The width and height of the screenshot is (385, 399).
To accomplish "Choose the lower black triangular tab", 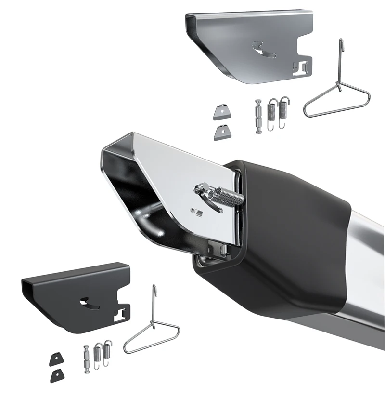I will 56,374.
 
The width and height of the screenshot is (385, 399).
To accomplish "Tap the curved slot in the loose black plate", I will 90,304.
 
